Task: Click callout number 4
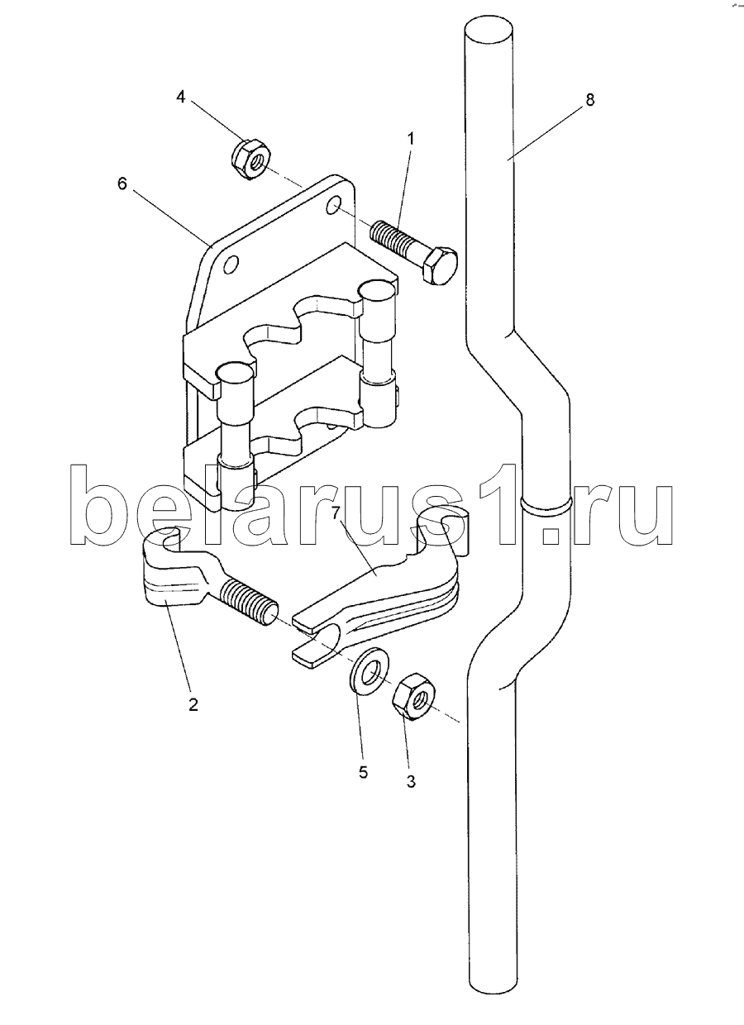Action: [x=182, y=97]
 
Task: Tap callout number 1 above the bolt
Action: [x=411, y=138]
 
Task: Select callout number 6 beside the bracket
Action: [x=122, y=184]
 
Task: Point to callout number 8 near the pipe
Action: [x=590, y=99]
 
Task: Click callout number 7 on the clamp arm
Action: [x=336, y=513]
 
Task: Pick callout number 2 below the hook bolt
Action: [x=193, y=703]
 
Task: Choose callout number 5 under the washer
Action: [x=363, y=772]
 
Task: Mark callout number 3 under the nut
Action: [x=411, y=782]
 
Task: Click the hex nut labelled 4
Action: [x=250, y=158]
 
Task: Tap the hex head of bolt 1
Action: [x=440, y=265]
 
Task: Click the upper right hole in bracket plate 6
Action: [x=334, y=205]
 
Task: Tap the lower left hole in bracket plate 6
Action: [x=231, y=264]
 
